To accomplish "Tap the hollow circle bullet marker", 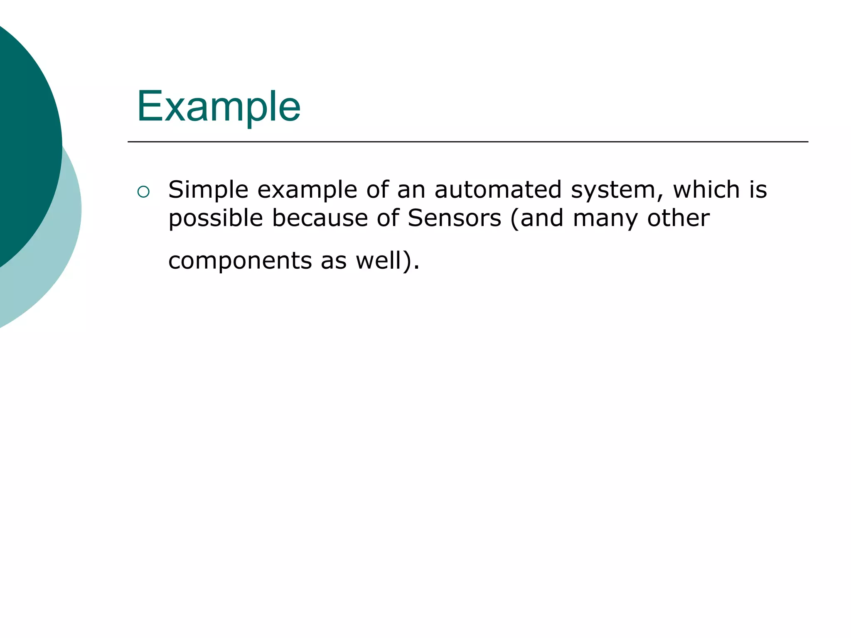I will point(143,191).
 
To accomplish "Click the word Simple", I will point(208,190).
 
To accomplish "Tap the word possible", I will point(216,218).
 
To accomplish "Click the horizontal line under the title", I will point(467,142).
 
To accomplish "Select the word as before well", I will point(333,261).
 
